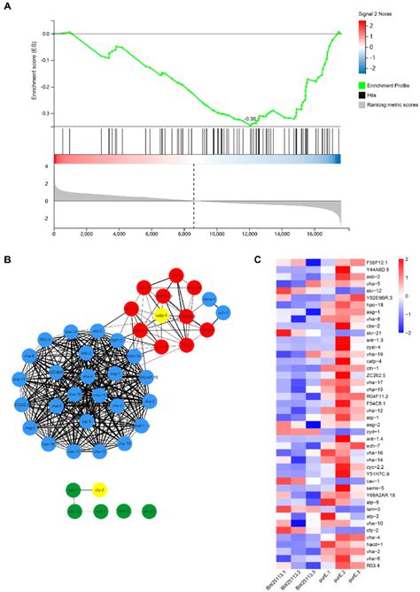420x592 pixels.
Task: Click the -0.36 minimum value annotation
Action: pos(251,118)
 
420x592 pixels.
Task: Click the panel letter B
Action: pos(7,259)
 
